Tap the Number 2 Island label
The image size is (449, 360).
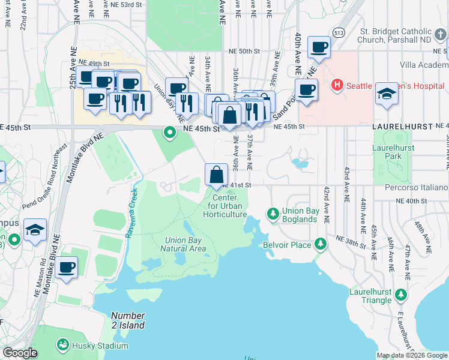(128, 320)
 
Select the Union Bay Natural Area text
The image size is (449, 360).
(185, 245)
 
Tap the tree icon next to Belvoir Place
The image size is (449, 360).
(321, 244)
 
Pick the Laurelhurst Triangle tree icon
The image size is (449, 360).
(400, 295)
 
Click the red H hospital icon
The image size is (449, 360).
(337, 85)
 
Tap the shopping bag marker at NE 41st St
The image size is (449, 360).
(215, 175)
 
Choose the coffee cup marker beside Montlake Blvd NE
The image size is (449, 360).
(67, 267)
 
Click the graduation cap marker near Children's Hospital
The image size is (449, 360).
(387, 94)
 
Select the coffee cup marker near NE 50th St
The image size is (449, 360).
(318, 47)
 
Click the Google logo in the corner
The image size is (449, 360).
(20, 353)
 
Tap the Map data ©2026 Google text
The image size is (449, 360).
(412, 355)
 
